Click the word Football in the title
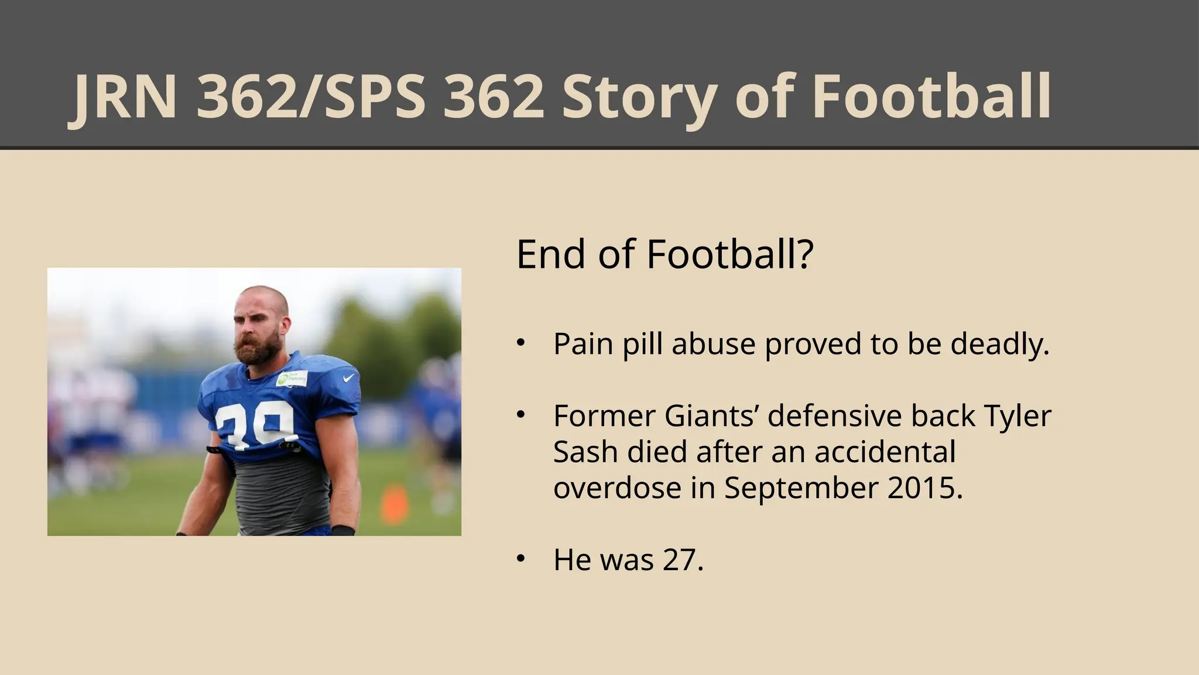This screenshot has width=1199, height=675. (x=931, y=97)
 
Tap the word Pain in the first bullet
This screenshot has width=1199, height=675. (x=583, y=344)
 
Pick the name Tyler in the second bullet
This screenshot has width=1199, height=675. (x=1018, y=417)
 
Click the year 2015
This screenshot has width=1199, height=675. (x=924, y=488)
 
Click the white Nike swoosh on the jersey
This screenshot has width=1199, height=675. (x=349, y=378)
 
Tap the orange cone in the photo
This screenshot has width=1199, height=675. (x=392, y=504)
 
